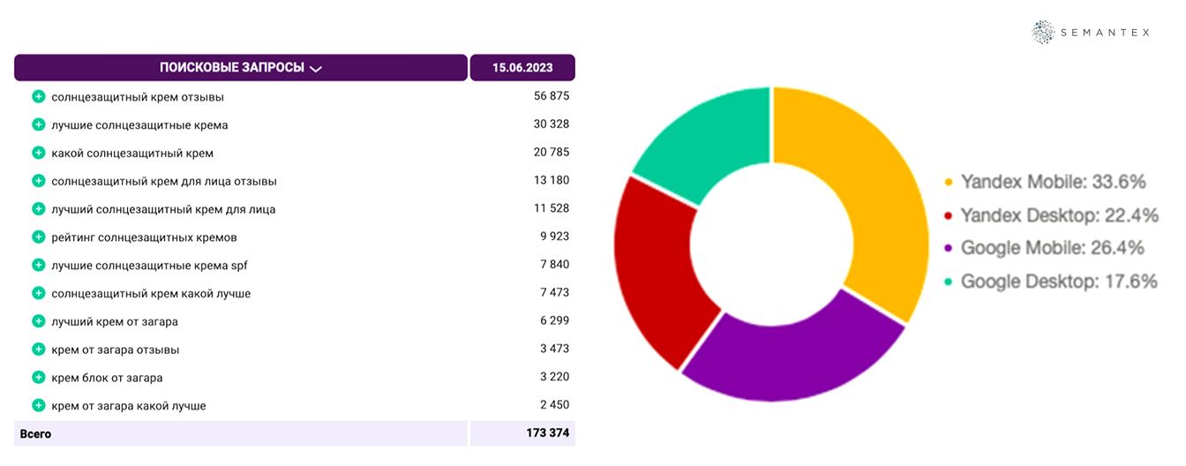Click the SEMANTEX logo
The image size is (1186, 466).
[1091, 32]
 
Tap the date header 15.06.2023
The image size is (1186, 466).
[522, 68]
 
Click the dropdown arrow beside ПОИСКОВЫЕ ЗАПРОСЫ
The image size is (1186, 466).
[316, 69]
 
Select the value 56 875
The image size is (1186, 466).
[552, 96]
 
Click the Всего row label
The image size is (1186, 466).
[36, 434]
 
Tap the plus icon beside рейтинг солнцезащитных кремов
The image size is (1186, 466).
[38, 237]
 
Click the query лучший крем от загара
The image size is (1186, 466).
[115, 321]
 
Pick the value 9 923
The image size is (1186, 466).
[554, 237]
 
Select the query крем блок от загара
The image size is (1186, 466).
[107, 378]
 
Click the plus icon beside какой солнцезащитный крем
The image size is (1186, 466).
[38, 153]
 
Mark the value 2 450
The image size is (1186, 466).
[554, 405]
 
